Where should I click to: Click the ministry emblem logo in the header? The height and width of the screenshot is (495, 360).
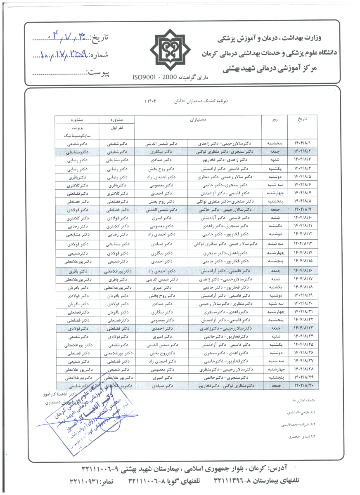pos(170,49)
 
